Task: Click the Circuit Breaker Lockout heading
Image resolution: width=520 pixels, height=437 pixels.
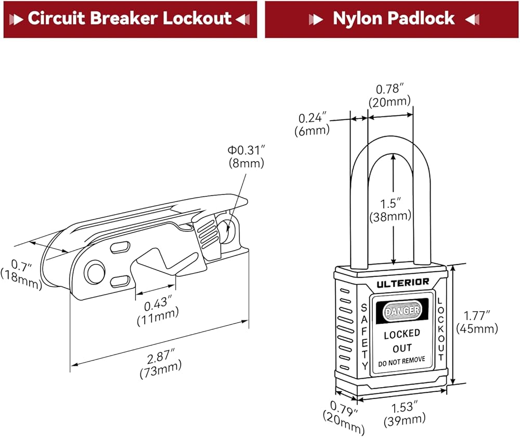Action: coord(129,19)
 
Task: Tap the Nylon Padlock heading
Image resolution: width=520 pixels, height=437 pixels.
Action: coord(393,19)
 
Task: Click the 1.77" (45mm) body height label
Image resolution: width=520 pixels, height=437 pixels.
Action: coord(477,322)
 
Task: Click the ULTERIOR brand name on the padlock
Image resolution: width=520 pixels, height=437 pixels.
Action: coord(402,282)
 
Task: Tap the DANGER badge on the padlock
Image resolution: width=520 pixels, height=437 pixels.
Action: coord(401,311)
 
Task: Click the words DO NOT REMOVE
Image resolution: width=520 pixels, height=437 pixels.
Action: coord(401,360)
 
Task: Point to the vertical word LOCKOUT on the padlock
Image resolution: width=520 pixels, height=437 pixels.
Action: coord(440,329)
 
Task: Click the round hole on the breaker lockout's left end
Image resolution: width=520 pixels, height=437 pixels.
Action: coord(95,272)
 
